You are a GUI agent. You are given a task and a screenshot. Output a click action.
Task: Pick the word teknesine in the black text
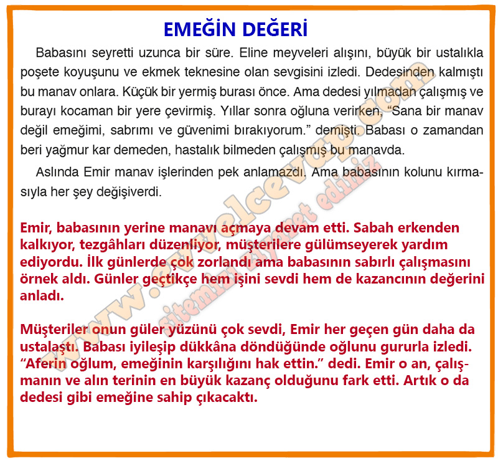pos(212,72)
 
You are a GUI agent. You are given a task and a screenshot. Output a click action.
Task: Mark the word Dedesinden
pos(400,72)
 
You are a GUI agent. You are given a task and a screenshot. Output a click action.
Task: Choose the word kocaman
pos(86,112)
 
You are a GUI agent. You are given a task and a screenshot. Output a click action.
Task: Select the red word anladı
pos(42,296)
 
